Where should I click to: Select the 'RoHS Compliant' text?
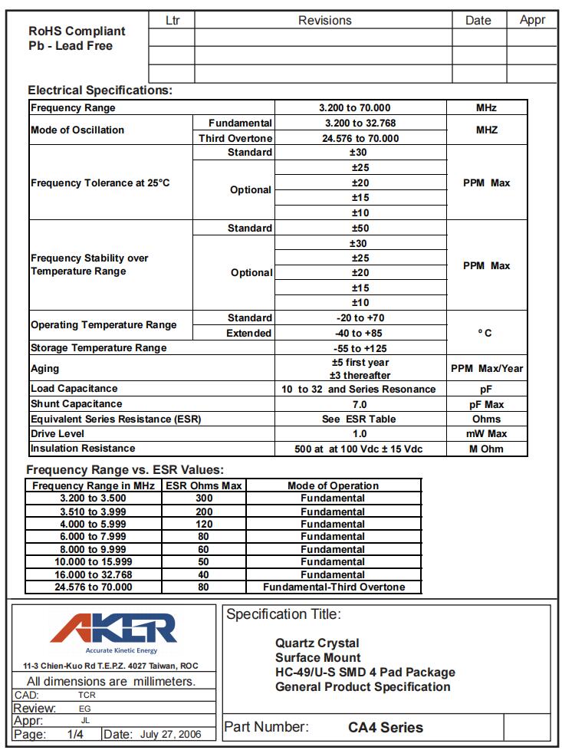pyautogui.click(x=77, y=31)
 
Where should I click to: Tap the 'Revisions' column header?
pyautogui.click(x=324, y=21)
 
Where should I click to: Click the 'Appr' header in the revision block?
pyautogui.click(x=532, y=20)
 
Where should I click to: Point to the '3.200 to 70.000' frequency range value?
pyautogui.click(x=360, y=108)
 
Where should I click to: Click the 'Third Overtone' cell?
pyautogui.click(x=235, y=138)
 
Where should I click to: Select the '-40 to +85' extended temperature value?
pyautogui.click(x=360, y=333)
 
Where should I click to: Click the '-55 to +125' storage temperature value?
pyautogui.click(x=360, y=348)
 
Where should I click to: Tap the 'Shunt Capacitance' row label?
pyautogui.click(x=76, y=403)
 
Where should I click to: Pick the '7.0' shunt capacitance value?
pyautogui.click(x=360, y=404)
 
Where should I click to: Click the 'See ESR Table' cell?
pyautogui.click(x=360, y=419)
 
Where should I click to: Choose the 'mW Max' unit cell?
pyautogui.click(x=487, y=433)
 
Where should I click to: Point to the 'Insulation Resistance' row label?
pyautogui.click(x=83, y=448)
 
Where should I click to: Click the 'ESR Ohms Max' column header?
pyautogui.click(x=204, y=485)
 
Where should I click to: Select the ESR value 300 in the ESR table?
pyautogui.click(x=204, y=498)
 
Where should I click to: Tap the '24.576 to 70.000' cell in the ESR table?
pyautogui.click(x=94, y=587)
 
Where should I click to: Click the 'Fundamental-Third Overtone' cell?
pyautogui.click(x=333, y=587)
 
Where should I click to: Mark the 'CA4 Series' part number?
pyautogui.click(x=385, y=727)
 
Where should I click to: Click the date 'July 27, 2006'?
pyautogui.click(x=171, y=734)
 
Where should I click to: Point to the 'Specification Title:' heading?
pyautogui.click(x=284, y=614)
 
